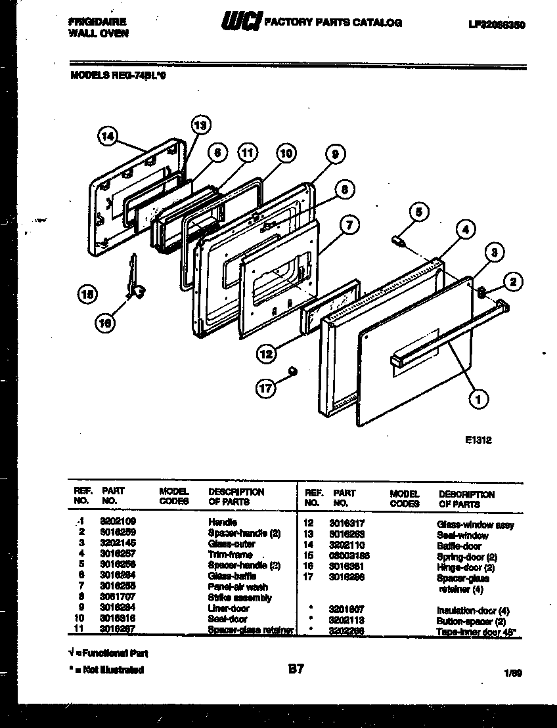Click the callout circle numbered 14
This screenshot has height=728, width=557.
point(108,136)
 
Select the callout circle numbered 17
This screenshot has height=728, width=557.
point(265,388)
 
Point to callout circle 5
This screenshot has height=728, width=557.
point(418,211)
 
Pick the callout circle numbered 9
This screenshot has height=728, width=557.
point(335,155)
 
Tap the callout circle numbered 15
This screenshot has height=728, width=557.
point(87,295)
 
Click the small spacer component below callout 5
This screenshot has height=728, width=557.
point(398,241)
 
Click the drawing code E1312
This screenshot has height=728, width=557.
point(477,441)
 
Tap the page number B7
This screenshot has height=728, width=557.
point(296,670)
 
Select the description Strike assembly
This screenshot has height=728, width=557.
point(239,598)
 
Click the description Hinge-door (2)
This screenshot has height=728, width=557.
point(465,567)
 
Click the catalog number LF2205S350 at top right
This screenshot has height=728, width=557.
point(497,24)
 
